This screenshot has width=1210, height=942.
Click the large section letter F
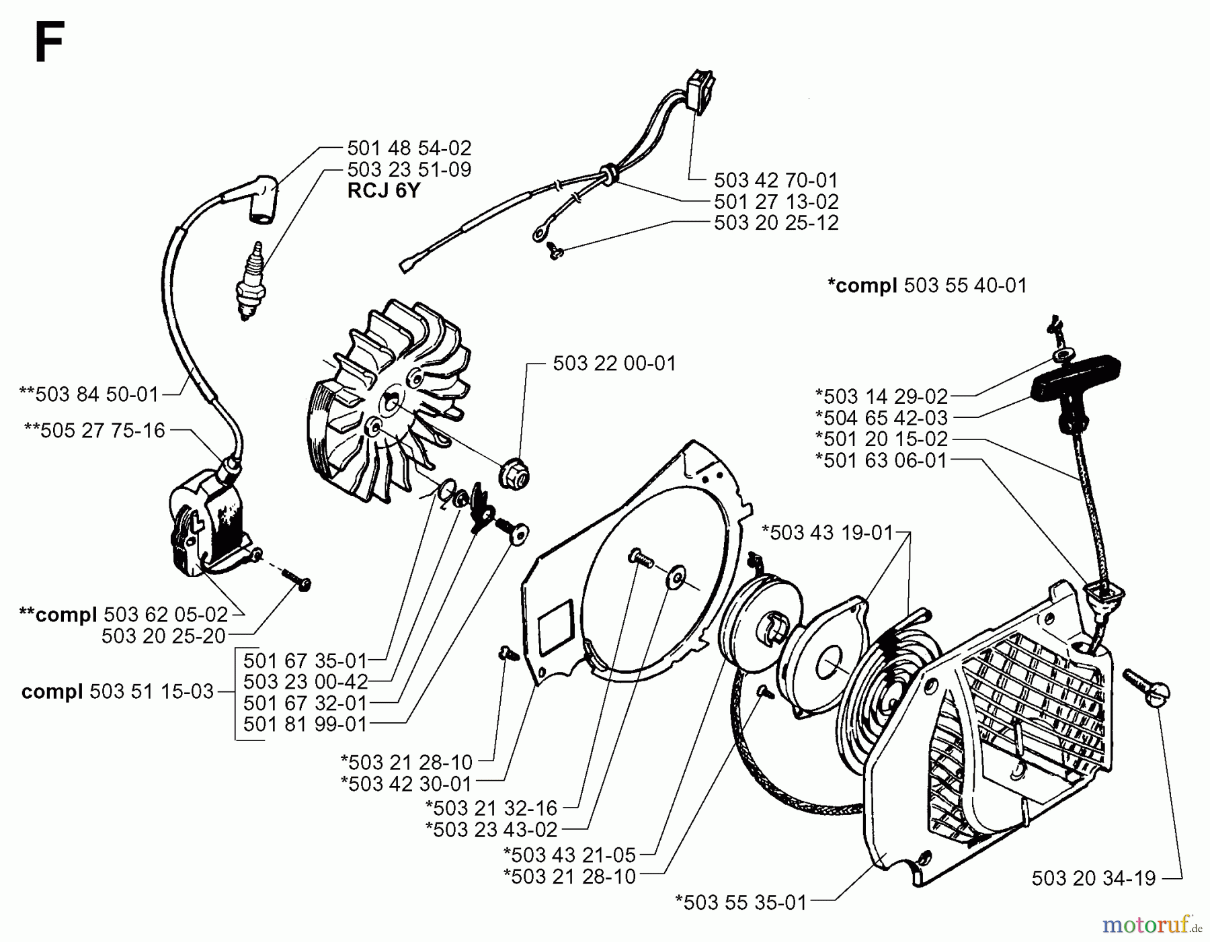click(48, 42)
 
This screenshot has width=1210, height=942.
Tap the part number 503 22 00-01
click(614, 363)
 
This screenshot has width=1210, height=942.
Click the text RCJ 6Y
click(383, 191)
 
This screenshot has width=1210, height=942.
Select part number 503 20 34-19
click(1093, 877)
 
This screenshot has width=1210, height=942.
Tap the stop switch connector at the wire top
click(702, 92)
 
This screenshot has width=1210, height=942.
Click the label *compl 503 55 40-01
click(927, 286)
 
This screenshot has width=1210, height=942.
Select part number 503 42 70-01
click(776, 180)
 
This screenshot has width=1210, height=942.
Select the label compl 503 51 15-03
click(118, 691)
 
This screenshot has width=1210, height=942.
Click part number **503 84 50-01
click(89, 394)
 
